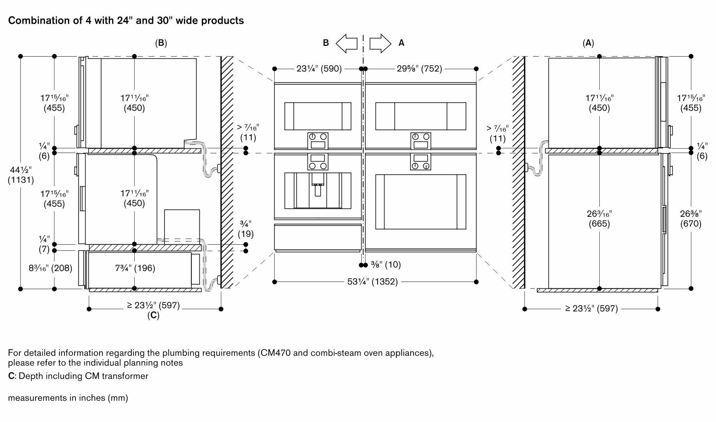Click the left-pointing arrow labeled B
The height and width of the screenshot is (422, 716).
pyautogui.click(x=347, y=43)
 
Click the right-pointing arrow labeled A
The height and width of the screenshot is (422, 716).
pyautogui.click(x=380, y=43)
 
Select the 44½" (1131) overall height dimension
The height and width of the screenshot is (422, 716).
pyautogui.click(x=21, y=175)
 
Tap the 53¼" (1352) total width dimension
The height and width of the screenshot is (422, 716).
pyautogui.click(x=372, y=282)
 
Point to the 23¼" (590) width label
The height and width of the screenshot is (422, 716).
pyautogui.click(x=319, y=68)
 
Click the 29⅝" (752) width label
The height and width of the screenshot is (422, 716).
pyautogui.click(x=419, y=68)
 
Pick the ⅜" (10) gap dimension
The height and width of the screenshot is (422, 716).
pyautogui.click(x=386, y=265)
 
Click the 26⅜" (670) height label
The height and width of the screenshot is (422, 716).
pyautogui.click(x=691, y=219)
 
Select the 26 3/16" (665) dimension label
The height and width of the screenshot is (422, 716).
pyautogui.click(x=599, y=219)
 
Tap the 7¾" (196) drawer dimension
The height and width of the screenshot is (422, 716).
pyautogui.click(x=135, y=268)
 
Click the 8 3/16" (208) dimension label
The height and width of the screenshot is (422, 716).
pyautogui.click(x=50, y=268)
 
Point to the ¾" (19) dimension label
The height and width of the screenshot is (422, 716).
pyautogui.click(x=246, y=229)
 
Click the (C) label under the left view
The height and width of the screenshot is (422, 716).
pyautogui.click(x=153, y=315)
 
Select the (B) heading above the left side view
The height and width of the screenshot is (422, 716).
pyautogui.click(x=161, y=43)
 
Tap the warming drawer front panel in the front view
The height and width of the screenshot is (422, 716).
pyautogui.click(x=318, y=236)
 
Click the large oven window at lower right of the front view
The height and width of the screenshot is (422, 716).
pyautogui.click(x=420, y=201)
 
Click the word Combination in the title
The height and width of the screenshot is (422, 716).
pyautogui.click(x=34, y=21)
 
